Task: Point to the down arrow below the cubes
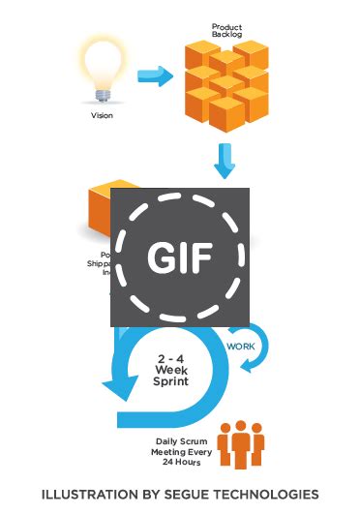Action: click(x=225, y=161)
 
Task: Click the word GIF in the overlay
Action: click(x=180, y=256)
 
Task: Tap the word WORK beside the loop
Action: click(x=241, y=346)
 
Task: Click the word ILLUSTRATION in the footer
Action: click(x=86, y=494)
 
